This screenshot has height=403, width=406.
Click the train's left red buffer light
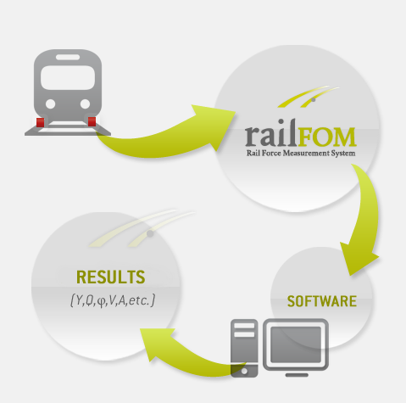(x=41, y=122)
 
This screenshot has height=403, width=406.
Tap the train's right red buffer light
(x=92, y=121)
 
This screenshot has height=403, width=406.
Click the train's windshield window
(x=68, y=78)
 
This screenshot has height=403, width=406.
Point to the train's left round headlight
(x=50, y=104)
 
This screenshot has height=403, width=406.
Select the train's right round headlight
(x=85, y=104)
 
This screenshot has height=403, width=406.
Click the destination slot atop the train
(x=68, y=57)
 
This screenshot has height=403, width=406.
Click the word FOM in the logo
(x=326, y=137)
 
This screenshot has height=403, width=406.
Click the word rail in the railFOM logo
(x=270, y=133)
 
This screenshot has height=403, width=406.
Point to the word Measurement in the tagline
(x=306, y=154)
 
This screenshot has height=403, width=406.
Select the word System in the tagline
(x=343, y=154)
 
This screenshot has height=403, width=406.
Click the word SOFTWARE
(x=322, y=301)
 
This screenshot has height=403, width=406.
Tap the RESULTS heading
(x=111, y=277)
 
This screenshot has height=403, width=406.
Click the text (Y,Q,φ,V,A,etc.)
(x=113, y=300)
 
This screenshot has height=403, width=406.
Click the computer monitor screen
(x=296, y=344)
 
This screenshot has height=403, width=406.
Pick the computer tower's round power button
(x=244, y=372)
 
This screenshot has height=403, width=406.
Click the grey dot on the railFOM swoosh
(x=313, y=100)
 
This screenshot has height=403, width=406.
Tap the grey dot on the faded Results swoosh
(x=150, y=233)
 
